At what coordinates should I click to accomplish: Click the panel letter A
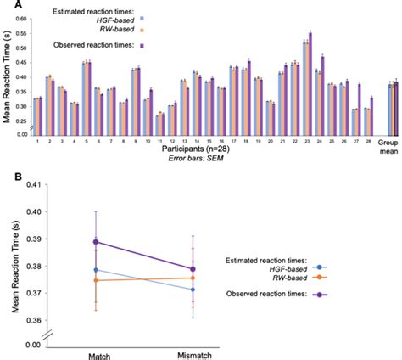[6, 6]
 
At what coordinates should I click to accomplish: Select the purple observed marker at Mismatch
[193, 269]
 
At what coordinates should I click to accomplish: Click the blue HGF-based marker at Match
[96, 270]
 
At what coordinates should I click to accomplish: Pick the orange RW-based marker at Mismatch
[193, 278]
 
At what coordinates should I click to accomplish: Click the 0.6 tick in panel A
[25, 10]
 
